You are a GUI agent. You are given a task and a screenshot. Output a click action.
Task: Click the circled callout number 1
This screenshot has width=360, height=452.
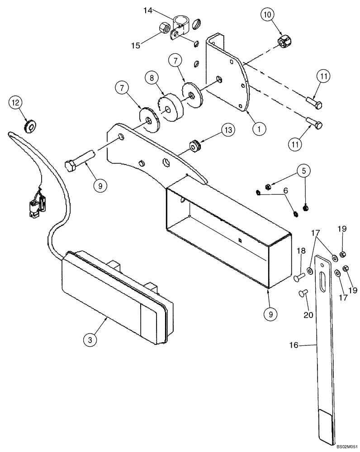[258, 128]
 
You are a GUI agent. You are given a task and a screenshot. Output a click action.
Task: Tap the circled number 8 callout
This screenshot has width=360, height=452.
[152, 78]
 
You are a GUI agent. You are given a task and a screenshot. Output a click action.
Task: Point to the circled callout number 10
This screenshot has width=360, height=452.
[267, 15]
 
